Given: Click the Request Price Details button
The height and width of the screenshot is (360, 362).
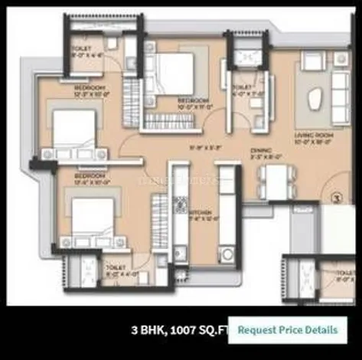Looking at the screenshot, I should tap(287, 330).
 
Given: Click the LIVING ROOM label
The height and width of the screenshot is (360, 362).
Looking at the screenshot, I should tap(314, 136).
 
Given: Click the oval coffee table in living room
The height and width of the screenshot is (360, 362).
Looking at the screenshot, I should tap(315, 99).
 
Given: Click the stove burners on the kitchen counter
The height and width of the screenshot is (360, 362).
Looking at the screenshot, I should tap(182, 204).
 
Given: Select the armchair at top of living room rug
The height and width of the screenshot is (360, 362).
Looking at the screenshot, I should tap(313, 61).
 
